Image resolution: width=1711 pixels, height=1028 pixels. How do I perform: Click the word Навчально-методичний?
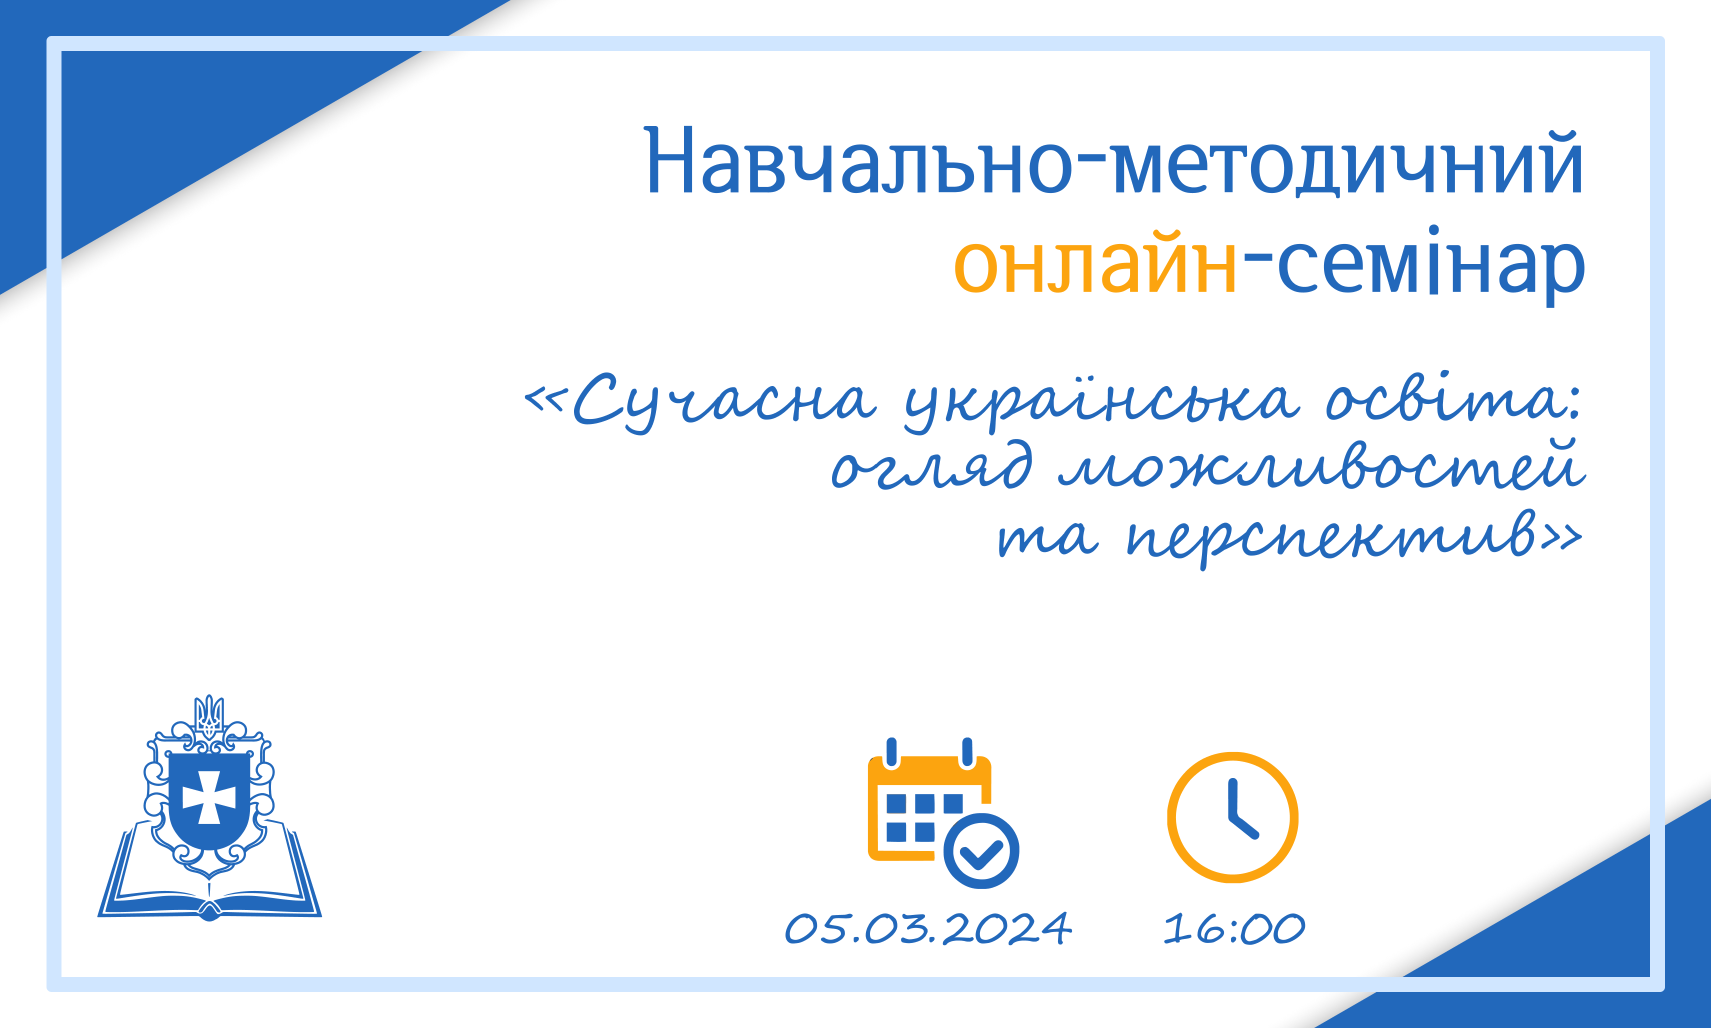[1114, 160]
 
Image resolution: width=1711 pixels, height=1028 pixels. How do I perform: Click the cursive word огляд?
[931, 465]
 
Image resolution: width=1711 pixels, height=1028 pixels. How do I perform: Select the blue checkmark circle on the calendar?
[981, 851]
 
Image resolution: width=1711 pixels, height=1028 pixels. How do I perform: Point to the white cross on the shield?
[209, 797]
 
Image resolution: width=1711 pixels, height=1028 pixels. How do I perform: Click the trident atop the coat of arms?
[208, 717]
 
